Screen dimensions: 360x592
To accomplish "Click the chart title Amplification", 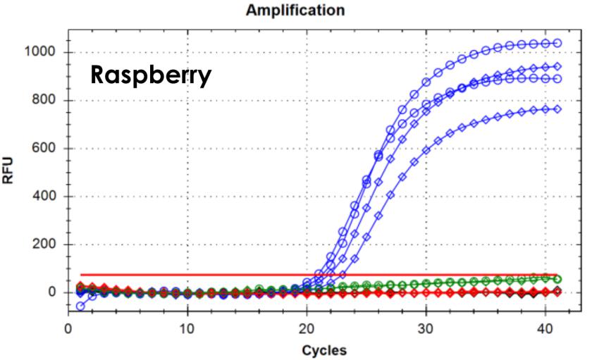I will click(x=295, y=10).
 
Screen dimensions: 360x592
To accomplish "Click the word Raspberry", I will click(x=151, y=75).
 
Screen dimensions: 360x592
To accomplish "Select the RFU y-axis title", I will click(x=10, y=171).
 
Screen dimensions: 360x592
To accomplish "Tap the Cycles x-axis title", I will click(x=324, y=349).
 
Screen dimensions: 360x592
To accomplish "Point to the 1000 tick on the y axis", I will click(x=44, y=53).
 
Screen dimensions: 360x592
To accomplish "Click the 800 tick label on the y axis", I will click(x=47, y=101).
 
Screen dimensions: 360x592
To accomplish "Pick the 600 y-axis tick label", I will click(x=47, y=149).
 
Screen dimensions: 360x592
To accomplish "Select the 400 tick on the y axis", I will click(x=47, y=197).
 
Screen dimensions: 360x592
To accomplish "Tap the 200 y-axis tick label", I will click(x=47, y=244).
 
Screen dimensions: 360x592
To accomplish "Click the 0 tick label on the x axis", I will click(x=68, y=328).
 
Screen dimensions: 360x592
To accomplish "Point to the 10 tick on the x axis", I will click(x=187, y=328).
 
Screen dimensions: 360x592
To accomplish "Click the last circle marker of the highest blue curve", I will click(x=557, y=43).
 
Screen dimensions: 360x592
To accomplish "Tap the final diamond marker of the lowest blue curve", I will click(x=557, y=109).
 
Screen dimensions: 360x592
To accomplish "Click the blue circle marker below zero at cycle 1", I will click(x=80, y=306).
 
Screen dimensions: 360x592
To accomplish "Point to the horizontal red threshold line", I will click(x=211, y=275).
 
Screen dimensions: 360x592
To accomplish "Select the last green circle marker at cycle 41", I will click(x=557, y=279).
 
